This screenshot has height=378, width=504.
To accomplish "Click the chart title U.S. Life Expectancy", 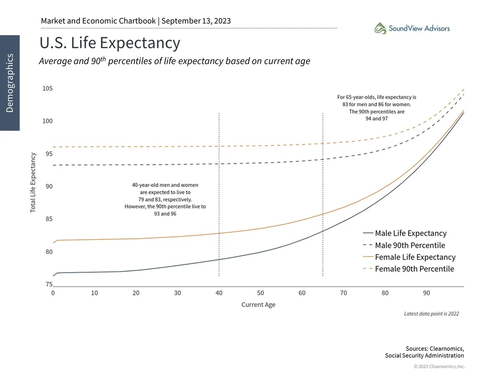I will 109,43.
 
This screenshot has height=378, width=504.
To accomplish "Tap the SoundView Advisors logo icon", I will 380,28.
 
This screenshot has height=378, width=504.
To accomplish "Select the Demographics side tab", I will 10,83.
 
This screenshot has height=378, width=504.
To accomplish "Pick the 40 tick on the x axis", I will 219,293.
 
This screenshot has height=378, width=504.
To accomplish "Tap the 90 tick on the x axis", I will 426,293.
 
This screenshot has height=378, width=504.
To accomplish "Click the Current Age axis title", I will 258,305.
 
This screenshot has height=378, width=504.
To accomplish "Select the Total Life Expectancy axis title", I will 33,182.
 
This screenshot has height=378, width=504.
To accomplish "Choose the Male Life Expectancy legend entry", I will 410,233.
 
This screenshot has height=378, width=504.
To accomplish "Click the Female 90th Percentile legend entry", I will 414,269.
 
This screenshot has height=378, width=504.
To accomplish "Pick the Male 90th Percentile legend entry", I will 410,245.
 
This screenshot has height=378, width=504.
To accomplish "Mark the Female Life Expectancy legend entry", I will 415,257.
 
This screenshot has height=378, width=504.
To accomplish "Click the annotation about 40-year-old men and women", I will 165,200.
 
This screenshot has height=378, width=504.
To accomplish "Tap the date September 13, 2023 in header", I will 196,21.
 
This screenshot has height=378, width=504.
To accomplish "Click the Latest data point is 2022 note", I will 431,313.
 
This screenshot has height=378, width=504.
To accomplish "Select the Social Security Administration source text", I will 424,356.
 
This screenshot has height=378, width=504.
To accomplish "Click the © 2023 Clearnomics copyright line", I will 439,366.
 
